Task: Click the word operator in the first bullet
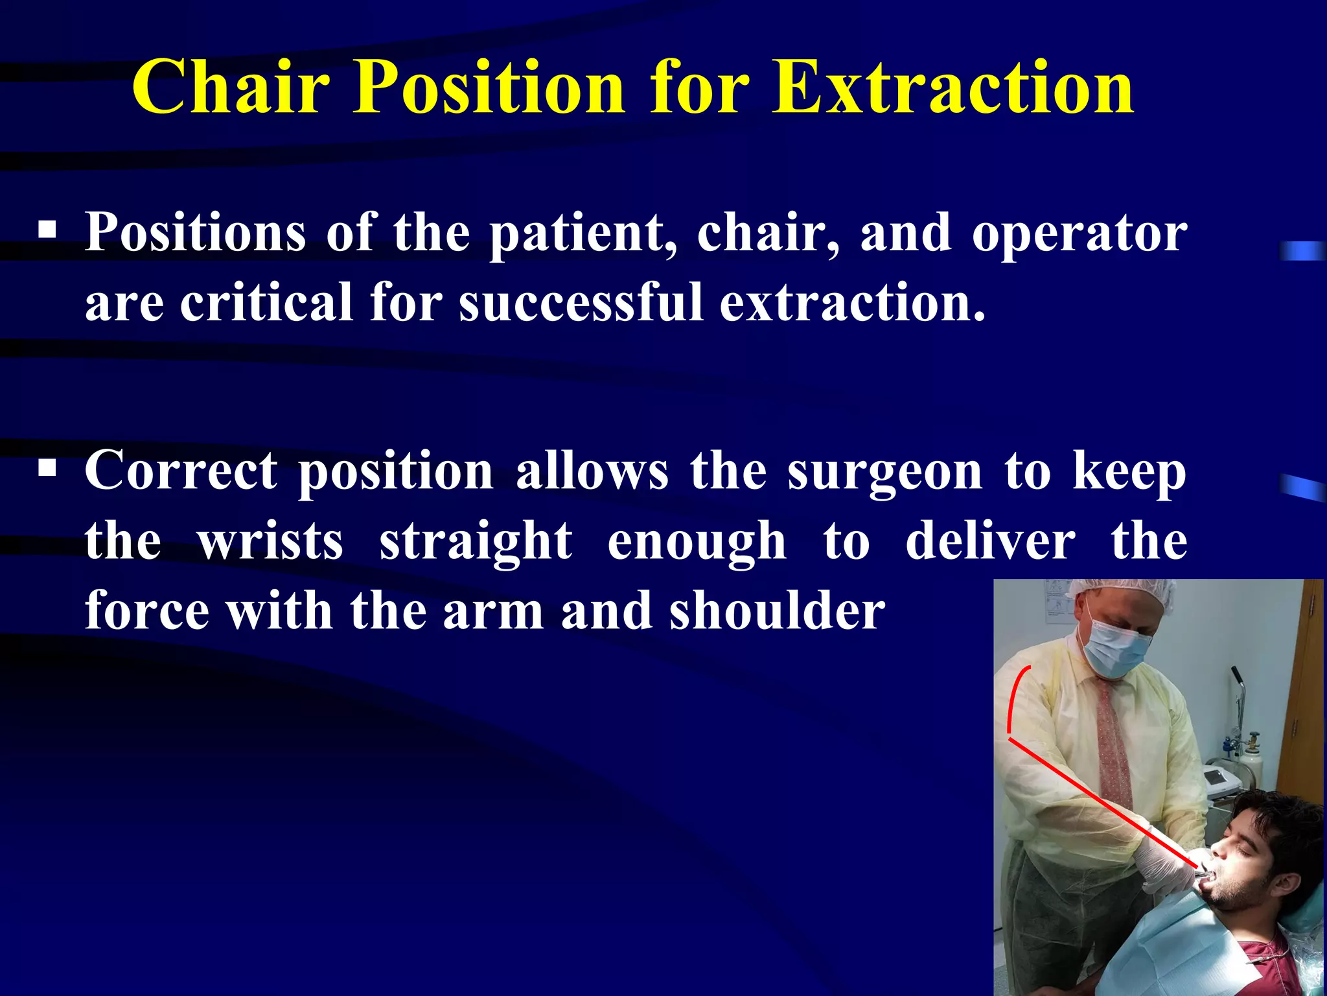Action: coord(1079,233)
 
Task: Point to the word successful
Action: coord(581,303)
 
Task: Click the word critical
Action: coord(266,303)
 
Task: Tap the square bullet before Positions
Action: coord(47,230)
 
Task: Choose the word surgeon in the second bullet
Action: coord(885,472)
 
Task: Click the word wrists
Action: coord(270,541)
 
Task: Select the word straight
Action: coord(475,541)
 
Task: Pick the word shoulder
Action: coord(777,611)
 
